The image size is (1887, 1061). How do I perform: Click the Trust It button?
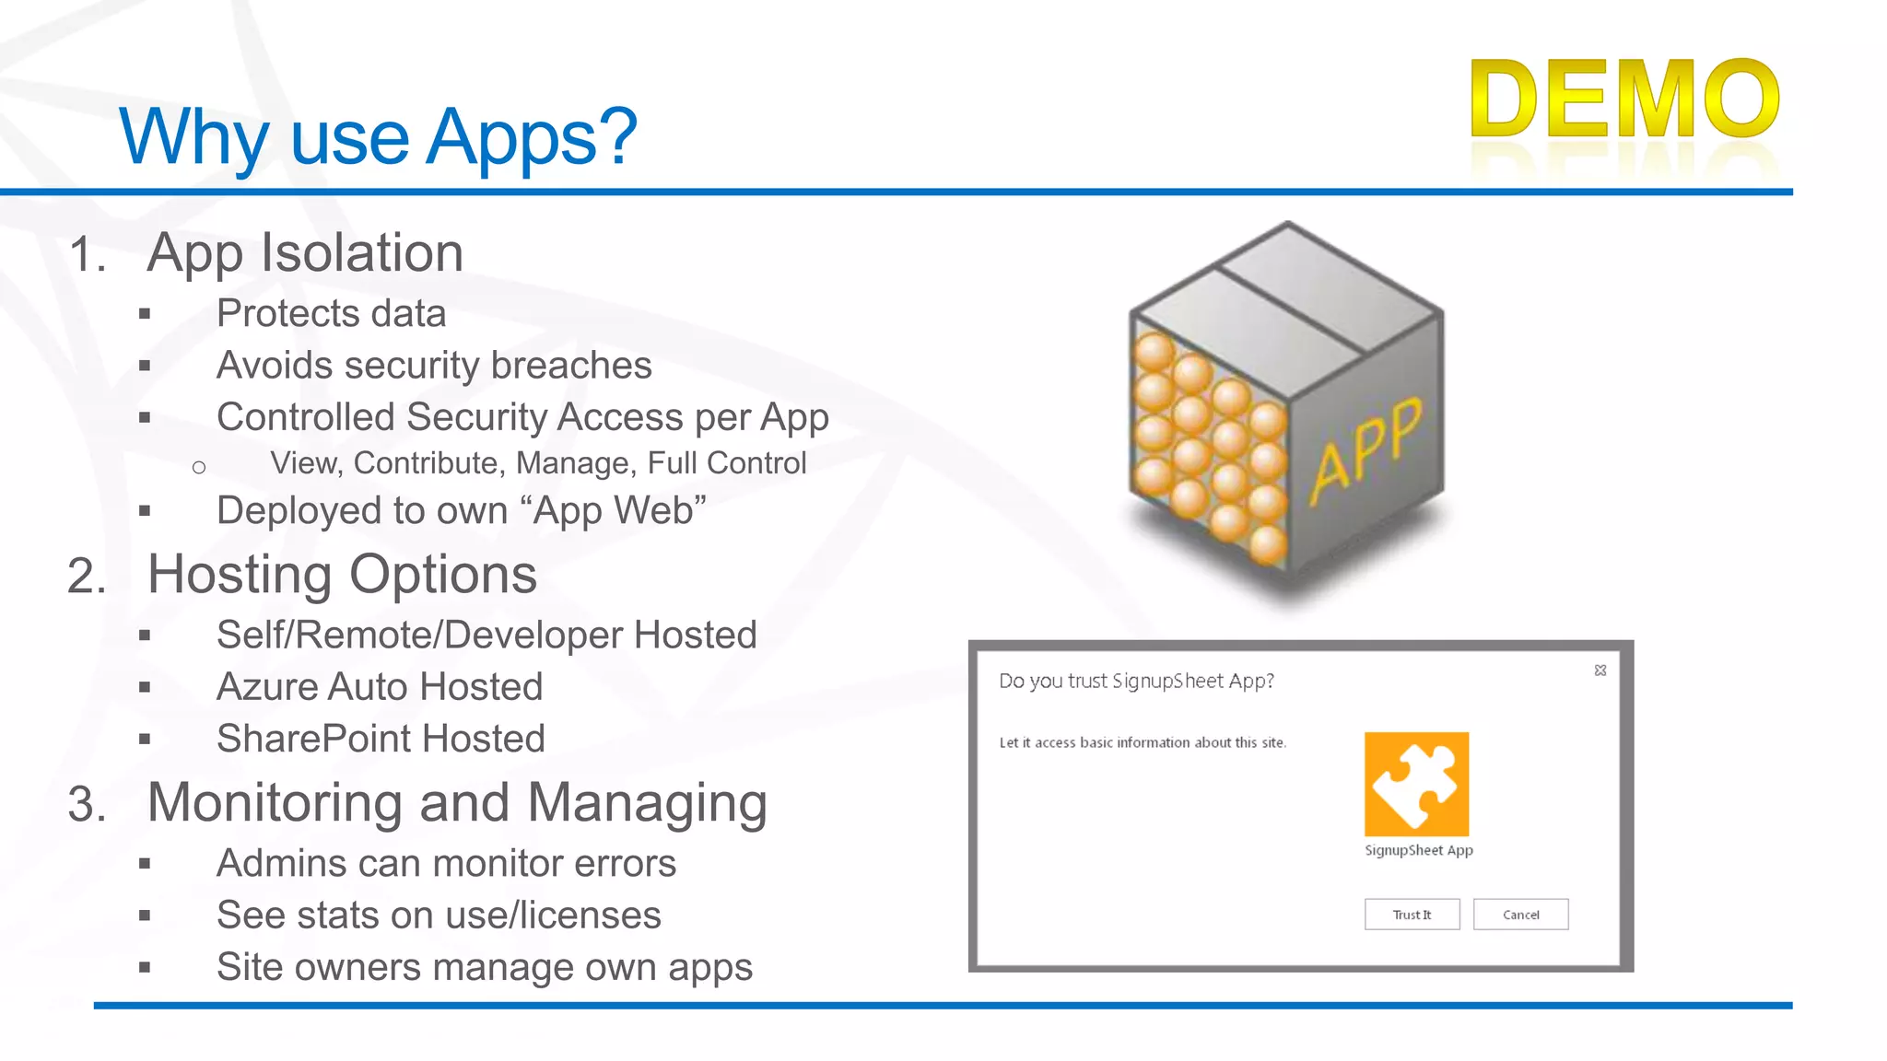[x=1412, y=915]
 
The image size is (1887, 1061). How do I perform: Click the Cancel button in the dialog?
[x=1520, y=915]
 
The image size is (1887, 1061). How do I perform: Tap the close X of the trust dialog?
[x=1600, y=670]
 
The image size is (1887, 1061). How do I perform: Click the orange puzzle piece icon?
[x=1416, y=784]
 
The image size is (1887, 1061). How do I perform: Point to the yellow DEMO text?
[x=1625, y=99]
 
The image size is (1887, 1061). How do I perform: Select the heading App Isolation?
[x=305, y=252]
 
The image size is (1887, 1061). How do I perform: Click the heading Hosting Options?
[x=342, y=575]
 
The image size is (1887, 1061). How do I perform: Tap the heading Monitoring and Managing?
[x=457, y=802]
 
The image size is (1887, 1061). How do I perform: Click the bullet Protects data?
[x=331, y=313]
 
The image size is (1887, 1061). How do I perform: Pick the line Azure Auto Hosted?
[x=380, y=687]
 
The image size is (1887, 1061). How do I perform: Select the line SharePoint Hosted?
[x=381, y=739]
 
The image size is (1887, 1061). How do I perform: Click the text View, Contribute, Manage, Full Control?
[x=538, y=462]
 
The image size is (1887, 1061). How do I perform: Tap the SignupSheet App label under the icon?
[x=1418, y=850]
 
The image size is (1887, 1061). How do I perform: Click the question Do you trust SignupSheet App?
[x=1136, y=681]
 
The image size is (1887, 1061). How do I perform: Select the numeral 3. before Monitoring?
[x=87, y=804]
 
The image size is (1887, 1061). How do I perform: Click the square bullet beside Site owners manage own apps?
[x=145, y=968]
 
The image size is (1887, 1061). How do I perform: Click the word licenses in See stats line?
[x=591, y=915]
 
